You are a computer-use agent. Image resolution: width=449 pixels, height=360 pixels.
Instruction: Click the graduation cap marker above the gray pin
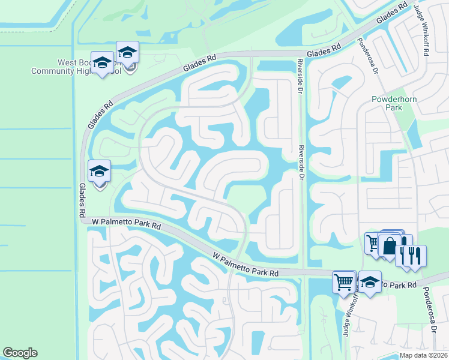(127, 53)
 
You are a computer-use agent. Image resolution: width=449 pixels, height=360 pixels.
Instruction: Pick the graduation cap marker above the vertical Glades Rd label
(99, 172)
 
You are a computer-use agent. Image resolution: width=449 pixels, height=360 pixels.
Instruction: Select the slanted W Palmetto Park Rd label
(246, 265)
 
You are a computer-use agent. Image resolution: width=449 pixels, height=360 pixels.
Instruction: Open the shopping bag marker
(390, 246)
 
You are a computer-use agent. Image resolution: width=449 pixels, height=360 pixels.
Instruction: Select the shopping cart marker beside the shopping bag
(374, 243)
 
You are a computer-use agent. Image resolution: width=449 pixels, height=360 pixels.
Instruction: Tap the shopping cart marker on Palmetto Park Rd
(344, 281)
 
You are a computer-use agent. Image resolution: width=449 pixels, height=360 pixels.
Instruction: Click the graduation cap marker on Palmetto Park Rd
(370, 283)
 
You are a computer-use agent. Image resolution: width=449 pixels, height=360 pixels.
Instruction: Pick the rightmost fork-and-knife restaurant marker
(415, 256)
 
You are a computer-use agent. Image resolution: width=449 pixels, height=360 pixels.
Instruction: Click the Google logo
(20, 353)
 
